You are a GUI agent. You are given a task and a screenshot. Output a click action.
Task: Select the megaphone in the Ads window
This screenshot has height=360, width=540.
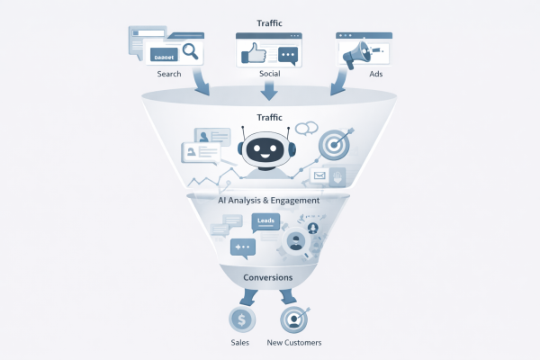pos(354,53)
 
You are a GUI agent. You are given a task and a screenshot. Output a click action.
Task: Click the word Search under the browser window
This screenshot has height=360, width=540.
pos(169,74)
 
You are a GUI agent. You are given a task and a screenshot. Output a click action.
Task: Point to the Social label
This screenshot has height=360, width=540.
pos(269,74)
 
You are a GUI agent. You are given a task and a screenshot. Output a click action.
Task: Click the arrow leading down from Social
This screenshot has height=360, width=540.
pos(270,89)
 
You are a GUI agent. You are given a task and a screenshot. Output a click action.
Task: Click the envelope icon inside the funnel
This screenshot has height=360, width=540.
pos(318,175)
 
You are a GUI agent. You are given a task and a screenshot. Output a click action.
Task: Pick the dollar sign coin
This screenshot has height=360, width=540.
pos(241,319)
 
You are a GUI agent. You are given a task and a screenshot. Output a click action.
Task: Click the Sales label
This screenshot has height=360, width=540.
pos(240,343)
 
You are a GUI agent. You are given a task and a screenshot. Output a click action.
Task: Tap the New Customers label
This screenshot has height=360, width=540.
pos(294,343)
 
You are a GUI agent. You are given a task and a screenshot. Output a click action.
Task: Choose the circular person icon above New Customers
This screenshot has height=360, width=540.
pos(293,319)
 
